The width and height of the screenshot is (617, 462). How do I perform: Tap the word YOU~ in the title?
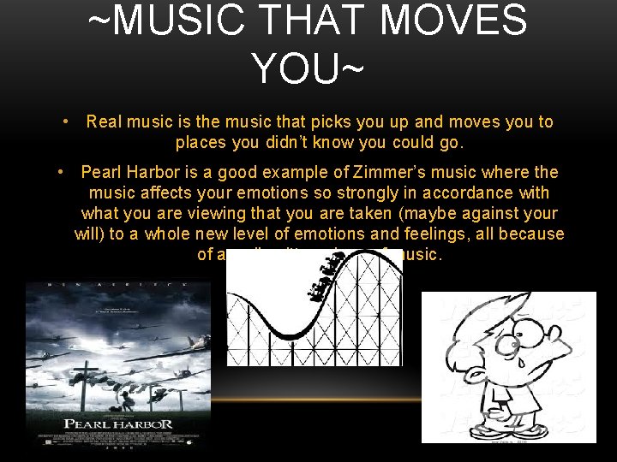pyautogui.click(x=308, y=67)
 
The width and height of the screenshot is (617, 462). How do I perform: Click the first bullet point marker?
pyautogui.click(x=66, y=121)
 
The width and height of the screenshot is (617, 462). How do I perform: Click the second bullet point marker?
pyautogui.click(x=61, y=172)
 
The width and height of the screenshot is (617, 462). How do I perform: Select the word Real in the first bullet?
pyautogui.click(x=104, y=122)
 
